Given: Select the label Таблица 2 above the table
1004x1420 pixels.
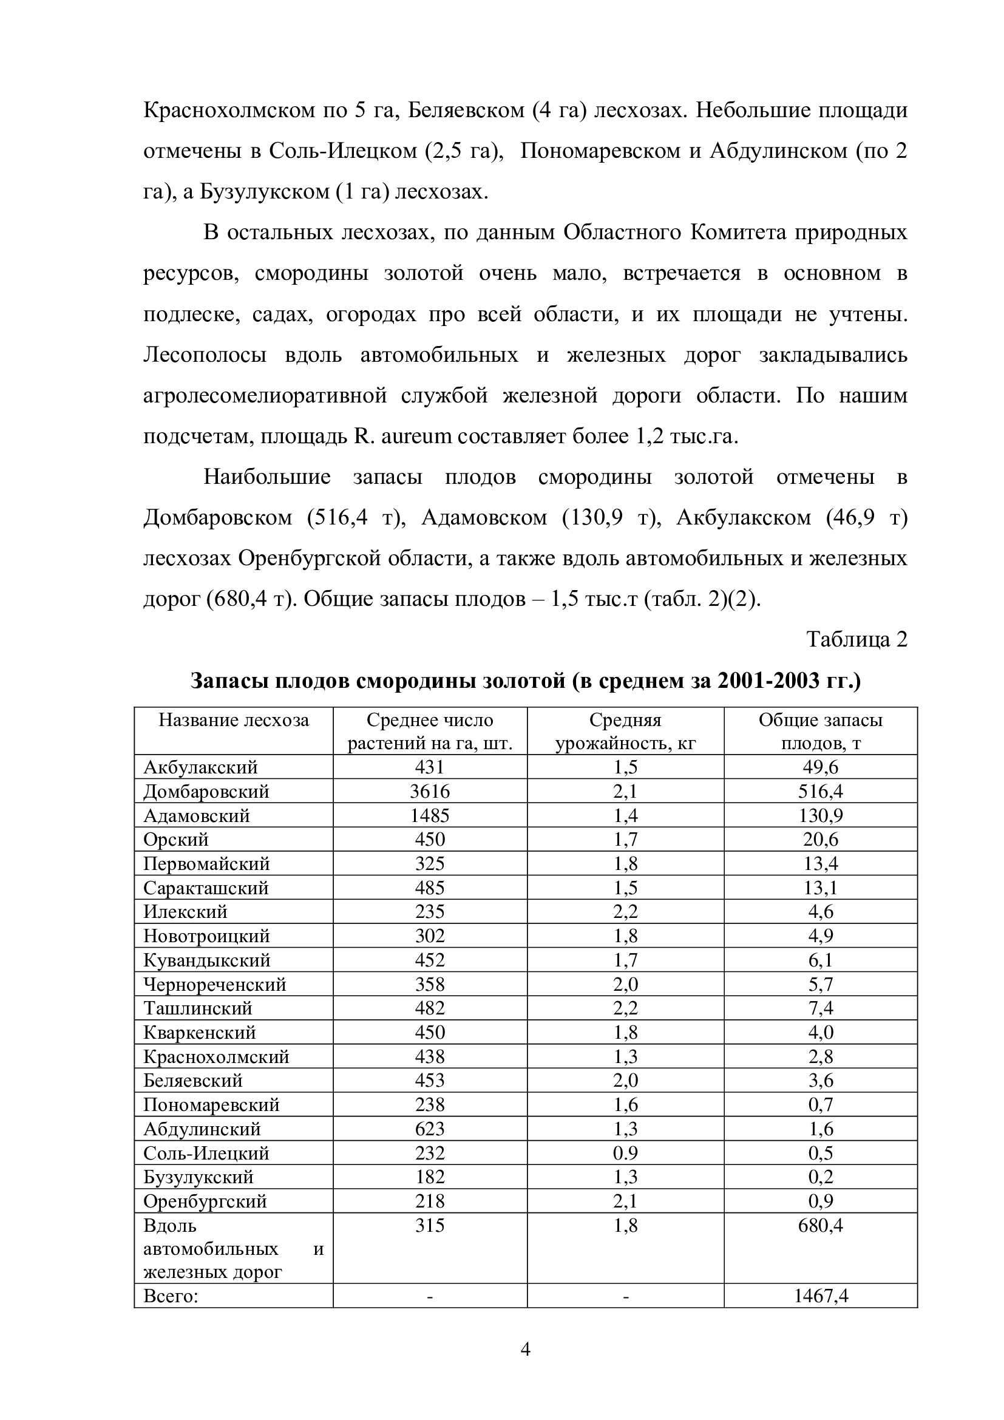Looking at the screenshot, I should pyautogui.click(x=857, y=639).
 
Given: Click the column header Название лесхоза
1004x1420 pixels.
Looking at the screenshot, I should pyautogui.click(x=234, y=720).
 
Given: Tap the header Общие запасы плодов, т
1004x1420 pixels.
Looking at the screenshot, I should pyautogui.click(x=821, y=731).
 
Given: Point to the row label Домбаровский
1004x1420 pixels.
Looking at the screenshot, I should pyautogui.click(x=206, y=792).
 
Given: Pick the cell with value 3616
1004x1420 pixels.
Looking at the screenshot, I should pyautogui.click(x=430, y=792).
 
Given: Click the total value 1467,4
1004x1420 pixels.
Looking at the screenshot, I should pyautogui.click(x=821, y=1296).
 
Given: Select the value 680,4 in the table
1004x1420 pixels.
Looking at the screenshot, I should pyautogui.click(x=821, y=1225).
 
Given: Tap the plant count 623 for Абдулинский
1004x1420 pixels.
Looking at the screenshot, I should pyautogui.click(x=430, y=1129).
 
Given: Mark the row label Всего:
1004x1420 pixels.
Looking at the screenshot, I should pyautogui.click(x=171, y=1296).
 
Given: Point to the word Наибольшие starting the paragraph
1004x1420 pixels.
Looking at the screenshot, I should pyautogui.click(x=267, y=477).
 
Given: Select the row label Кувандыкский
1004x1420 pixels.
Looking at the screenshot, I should pyautogui.click(x=207, y=960).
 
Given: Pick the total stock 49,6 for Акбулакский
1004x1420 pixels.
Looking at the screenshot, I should pyautogui.click(x=821, y=767).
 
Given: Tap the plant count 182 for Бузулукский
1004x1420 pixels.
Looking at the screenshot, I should pyautogui.click(x=430, y=1177).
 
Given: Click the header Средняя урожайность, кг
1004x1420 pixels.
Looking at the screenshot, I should pyautogui.click(x=625, y=731).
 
